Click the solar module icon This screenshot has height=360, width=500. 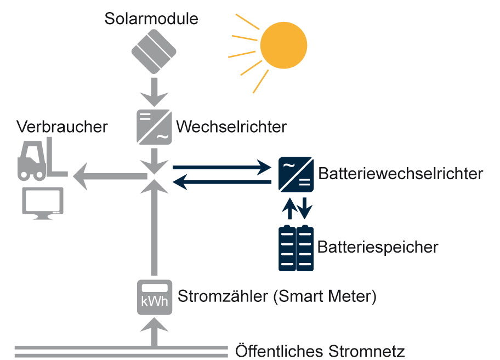pyautogui.click(x=154, y=52)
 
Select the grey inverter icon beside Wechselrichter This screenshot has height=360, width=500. pyautogui.click(x=154, y=127)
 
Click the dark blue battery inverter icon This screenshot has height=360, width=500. pyautogui.click(x=296, y=175)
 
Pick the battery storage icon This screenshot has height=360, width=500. pyautogui.click(x=296, y=248)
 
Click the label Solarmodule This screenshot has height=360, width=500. pyautogui.click(x=151, y=19)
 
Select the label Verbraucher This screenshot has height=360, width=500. pyautogui.click(x=62, y=127)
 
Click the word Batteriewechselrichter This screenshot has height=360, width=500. pyautogui.click(x=400, y=174)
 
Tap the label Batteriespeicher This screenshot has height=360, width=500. pyautogui.click(x=378, y=247)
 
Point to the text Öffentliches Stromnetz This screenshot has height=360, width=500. pyautogui.click(x=320, y=350)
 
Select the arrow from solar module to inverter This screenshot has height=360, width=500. pyautogui.click(x=154, y=92)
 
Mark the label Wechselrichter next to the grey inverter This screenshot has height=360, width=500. pyautogui.click(x=231, y=127)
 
